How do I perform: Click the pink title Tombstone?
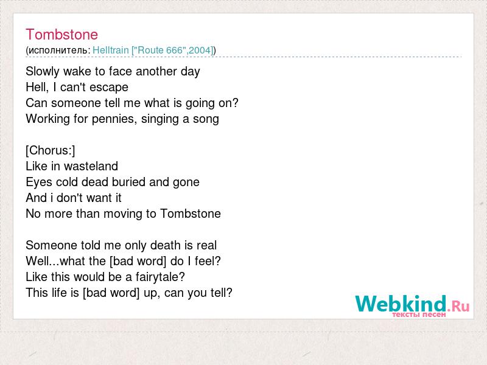tap(62, 35)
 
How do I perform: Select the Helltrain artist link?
tap(111, 50)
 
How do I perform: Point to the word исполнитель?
tap(58, 50)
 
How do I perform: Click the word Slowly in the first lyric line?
tap(43, 71)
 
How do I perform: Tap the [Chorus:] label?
tap(51, 150)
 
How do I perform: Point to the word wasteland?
tap(91, 166)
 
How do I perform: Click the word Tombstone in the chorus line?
tap(191, 214)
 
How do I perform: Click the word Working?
tap(48, 119)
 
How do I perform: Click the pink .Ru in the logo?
tap(458, 306)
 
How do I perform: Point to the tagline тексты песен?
tap(419, 315)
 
